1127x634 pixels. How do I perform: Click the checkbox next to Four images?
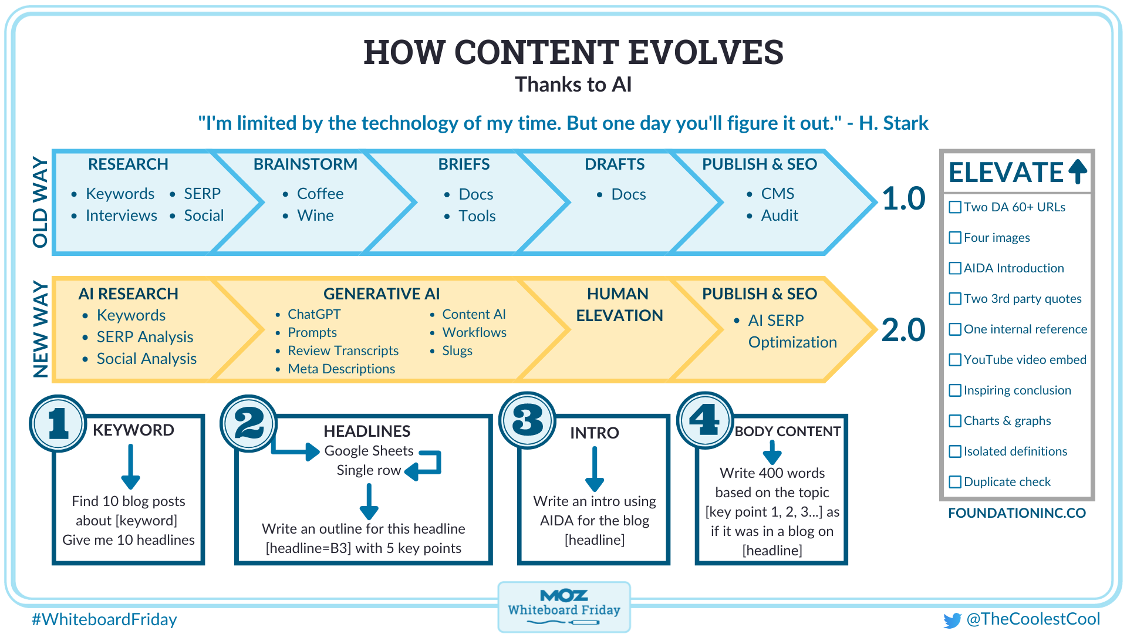click(955, 238)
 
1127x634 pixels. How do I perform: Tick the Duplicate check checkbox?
click(955, 482)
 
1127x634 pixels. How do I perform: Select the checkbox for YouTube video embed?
click(955, 360)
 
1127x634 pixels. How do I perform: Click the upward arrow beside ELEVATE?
click(1078, 171)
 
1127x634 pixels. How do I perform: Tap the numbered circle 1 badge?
click(58, 423)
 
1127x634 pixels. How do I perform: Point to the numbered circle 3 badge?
click(527, 420)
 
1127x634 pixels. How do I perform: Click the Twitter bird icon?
click(952, 620)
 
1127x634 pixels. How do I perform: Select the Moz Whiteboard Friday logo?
click(564, 606)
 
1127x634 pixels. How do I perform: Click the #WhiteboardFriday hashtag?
click(104, 619)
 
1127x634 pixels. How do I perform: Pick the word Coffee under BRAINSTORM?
click(320, 194)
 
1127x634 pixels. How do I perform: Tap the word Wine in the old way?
click(315, 215)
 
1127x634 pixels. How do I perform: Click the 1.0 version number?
click(903, 198)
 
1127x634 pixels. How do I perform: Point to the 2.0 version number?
click(903, 330)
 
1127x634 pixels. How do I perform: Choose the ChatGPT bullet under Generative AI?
click(314, 315)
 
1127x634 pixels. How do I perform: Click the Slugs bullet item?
click(457, 351)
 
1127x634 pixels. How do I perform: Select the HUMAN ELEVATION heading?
click(619, 305)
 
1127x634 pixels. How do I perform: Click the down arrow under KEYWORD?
click(130, 467)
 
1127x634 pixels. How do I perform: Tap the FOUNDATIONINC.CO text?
click(1017, 513)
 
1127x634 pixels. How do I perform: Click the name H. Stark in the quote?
click(893, 123)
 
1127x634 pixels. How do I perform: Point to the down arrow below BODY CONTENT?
click(772, 453)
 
